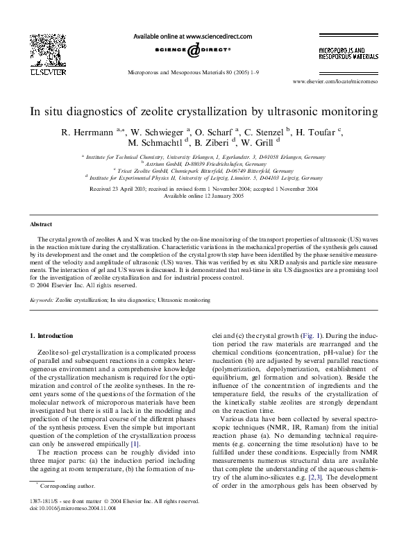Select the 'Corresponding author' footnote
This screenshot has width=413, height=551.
[x=62, y=487]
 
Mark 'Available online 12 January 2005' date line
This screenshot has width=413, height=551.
[x=206, y=196]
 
